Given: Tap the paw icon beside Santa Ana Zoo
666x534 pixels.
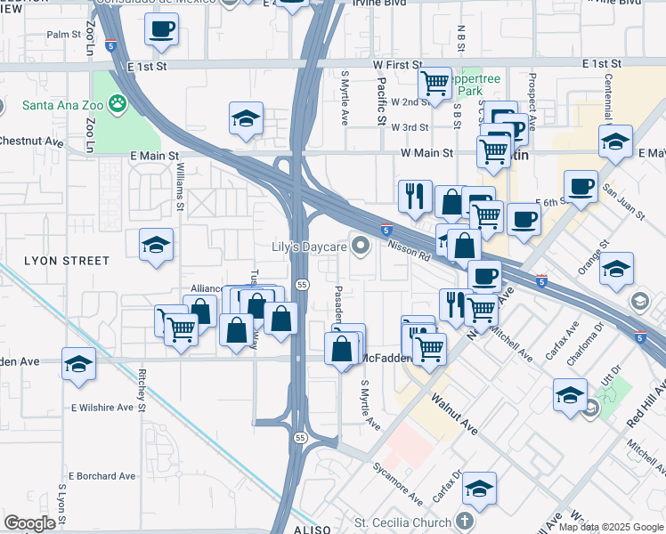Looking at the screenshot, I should click(118, 105).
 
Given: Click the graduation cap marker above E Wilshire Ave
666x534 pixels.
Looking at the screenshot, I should click(78, 365).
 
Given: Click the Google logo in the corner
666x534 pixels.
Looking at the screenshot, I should click(29, 523).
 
